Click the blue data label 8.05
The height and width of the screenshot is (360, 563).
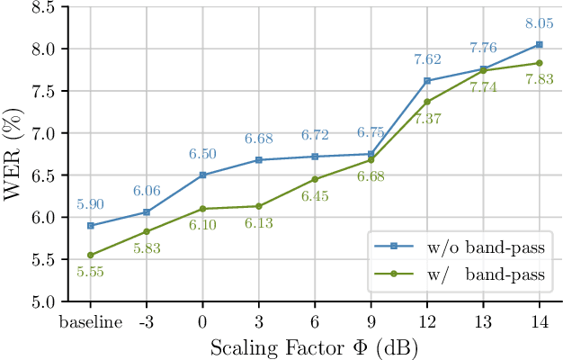[x=539, y=26]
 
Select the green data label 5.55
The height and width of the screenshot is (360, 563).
[x=90, y=272]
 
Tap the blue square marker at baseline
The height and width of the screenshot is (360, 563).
[x=90, y=225]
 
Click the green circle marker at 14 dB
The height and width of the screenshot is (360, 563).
[x=539, y=63]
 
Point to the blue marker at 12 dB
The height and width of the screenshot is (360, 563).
[x=426, y=81]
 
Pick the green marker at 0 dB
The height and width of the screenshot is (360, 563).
[x=202, y=209]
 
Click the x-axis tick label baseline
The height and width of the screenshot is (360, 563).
[x=90, y=322]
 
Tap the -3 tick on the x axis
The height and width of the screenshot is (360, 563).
[x=146, y=322]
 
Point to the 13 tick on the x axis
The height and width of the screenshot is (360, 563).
[x=483, y=322]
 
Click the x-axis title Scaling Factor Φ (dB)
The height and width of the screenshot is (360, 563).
[x=314, y=346]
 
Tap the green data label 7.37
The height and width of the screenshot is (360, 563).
[x=427, y=119]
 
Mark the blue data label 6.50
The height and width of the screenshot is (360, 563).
[x=202, y=155]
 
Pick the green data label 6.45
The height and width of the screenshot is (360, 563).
[x=315, y=196]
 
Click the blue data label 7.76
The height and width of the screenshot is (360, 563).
[x=483, y=48]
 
